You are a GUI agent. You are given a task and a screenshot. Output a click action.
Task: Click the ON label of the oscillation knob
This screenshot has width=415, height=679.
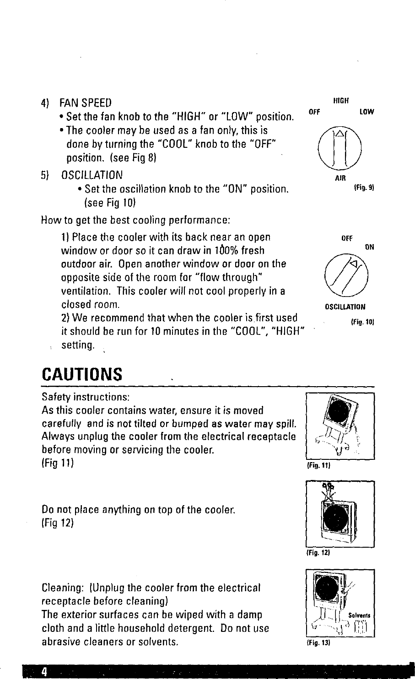tap(370, 247)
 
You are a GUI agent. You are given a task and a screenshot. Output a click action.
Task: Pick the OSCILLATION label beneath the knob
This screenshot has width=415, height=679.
tap(345, 307)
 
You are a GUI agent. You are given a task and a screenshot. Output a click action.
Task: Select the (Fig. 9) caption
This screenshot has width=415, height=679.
tap(365, 188)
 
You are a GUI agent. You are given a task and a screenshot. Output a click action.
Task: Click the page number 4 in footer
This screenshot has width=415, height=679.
tap(44, 671)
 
